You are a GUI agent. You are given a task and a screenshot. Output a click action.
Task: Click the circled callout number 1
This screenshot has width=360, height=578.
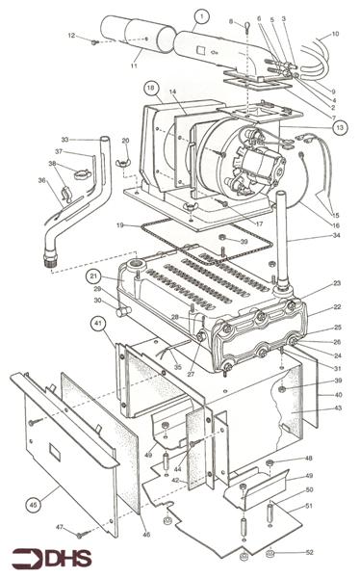[200, 15]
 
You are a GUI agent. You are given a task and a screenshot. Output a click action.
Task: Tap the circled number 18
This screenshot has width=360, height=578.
[151, 88]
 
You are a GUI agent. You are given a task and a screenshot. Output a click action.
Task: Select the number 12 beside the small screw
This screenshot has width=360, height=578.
[70, 36]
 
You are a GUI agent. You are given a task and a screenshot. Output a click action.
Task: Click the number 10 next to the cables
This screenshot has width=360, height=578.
[335, 34]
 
